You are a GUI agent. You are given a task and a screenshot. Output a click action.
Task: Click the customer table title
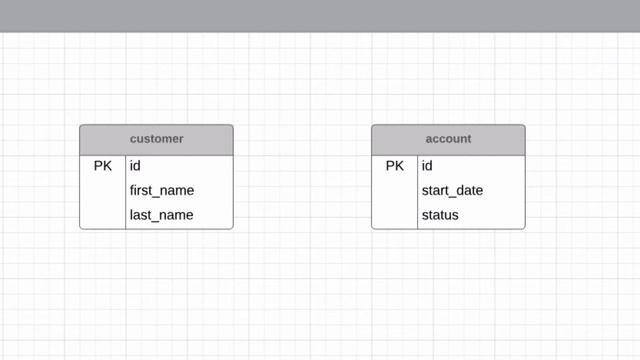pos(156,139)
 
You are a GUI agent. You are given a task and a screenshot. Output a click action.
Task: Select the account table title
pos(447,139)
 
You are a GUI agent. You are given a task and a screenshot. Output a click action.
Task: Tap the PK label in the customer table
pos(103,166)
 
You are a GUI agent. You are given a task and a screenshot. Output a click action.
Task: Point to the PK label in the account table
pos(395,166)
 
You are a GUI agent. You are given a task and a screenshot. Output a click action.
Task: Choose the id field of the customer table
pos(136,166)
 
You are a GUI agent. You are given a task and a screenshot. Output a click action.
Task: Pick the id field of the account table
pos(427,166)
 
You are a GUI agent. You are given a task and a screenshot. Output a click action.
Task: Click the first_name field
pos(162,190)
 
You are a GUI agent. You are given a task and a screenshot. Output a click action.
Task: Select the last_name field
pos(161,215)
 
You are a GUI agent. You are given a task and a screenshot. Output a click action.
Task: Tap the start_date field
pos(452,190)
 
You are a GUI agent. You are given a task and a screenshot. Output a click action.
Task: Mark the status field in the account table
pos(440,215)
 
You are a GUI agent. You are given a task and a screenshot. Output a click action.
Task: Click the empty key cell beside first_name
pos(103,190)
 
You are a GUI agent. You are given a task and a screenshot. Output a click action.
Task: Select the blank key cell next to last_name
pos(103,215)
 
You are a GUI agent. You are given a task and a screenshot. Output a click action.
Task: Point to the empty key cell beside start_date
pos(395,190)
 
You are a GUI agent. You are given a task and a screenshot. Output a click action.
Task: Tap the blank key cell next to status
pos(395,215)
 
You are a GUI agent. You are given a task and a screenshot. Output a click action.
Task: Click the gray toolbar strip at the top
pos(320,15)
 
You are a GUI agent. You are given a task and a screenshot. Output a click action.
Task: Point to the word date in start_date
pos(469,190)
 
